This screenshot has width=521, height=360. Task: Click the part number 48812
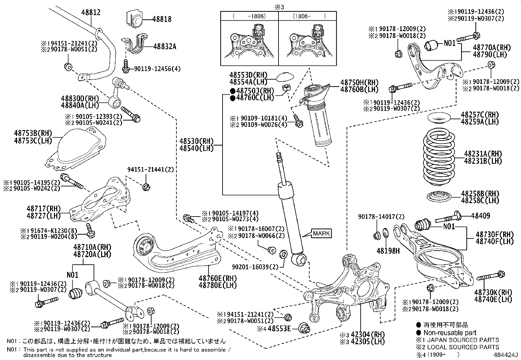coord(91,12)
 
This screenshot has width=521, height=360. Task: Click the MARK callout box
coord(321,233)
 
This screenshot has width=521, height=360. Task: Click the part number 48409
coord(480,216)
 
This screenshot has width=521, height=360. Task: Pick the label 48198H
coord(388,251)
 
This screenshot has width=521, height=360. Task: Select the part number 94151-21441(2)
coord(150,169)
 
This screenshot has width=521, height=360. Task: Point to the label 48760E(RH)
coord(217,278)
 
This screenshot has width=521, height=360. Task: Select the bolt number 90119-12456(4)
coord(157,69)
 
